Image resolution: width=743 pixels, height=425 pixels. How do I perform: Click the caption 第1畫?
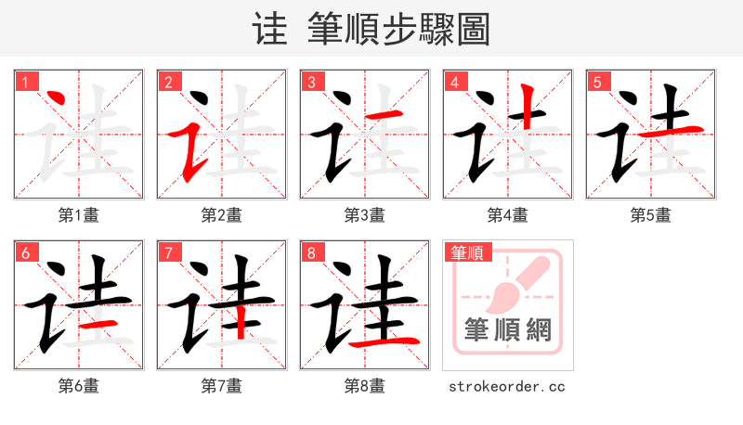78,215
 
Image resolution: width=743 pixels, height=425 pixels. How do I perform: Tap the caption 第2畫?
221,215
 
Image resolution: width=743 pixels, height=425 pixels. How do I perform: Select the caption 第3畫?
364,215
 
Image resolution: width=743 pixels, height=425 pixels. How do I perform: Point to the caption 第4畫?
507,215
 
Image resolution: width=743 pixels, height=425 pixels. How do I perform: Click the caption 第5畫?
650,215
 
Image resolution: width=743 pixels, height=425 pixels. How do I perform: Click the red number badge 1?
25,82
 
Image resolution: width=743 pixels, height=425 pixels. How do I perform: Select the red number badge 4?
454,82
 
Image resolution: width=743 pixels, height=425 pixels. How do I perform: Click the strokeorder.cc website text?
507,386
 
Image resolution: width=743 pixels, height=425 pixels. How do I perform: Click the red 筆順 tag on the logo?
467,252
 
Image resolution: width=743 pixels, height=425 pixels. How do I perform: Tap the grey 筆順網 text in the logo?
508,329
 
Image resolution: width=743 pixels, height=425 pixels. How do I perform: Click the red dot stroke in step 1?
54,99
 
